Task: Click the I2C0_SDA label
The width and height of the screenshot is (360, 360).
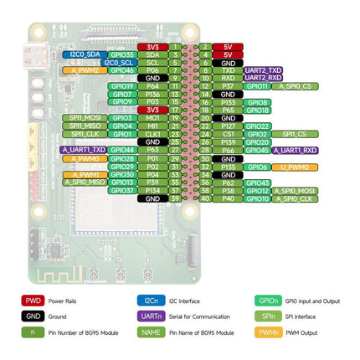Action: [x=83, y=54]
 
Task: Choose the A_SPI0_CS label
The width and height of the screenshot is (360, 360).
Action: [x=296, y=86]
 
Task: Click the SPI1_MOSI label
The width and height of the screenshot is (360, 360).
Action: [x=83, y=118]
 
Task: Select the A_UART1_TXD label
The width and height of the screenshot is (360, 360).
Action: [x=83, y=150]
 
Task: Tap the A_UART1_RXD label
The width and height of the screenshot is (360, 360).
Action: [x=298, y=150]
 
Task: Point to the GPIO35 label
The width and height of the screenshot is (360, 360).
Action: [x=122, y=54]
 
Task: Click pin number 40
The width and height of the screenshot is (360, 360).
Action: [x=206, y=198]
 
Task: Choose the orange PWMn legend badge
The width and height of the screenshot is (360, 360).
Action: [x=267, y=332]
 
